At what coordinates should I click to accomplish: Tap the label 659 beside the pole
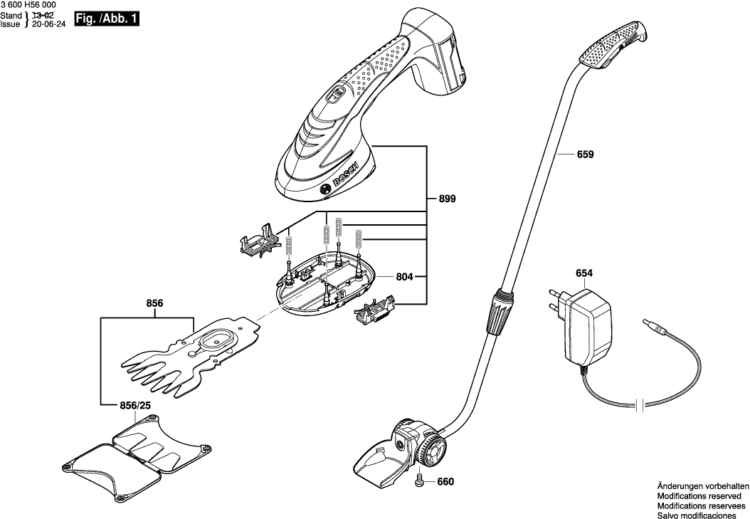click(584, 154)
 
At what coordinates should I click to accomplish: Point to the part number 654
click(583, 273)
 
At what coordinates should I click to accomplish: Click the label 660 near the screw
click(445, 482)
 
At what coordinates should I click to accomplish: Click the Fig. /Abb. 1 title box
click(106, 19)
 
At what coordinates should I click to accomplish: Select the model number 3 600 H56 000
click(28, 5)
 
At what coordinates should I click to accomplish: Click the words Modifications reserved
click(699, 496)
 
